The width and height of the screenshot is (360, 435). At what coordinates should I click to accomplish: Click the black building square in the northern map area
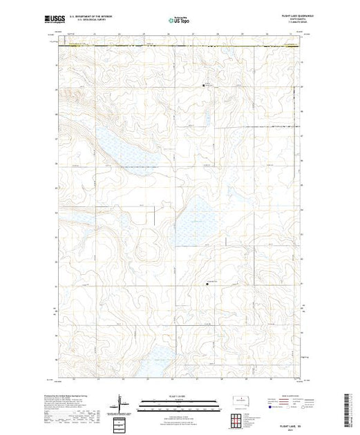point(204,86)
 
